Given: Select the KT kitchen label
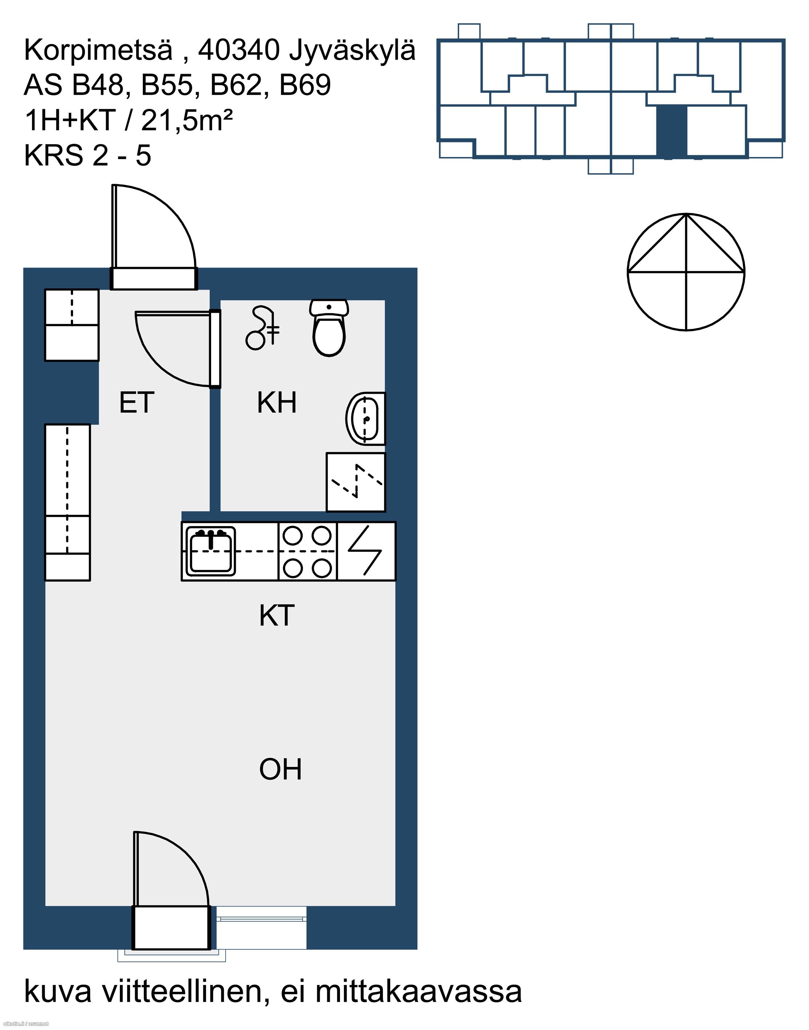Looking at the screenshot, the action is coord(277,615).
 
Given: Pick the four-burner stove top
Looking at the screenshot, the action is coord(307,552).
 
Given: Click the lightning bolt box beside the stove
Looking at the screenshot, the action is coord(366,552).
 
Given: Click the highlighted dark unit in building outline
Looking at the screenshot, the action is coord(672,131).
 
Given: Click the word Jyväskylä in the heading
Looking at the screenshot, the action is coord(352,51).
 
